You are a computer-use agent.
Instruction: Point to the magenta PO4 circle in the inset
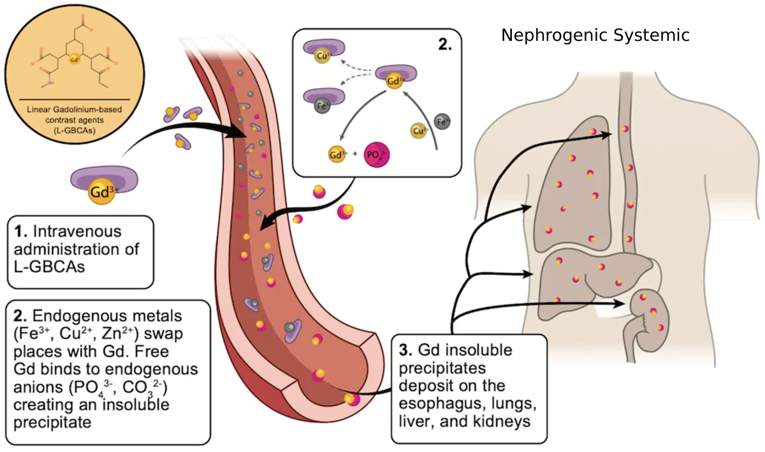click(x=376, y=155)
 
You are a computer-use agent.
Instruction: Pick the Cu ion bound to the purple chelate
click(x=323, y=56)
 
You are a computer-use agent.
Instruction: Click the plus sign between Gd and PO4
click(x=354, y=154)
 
